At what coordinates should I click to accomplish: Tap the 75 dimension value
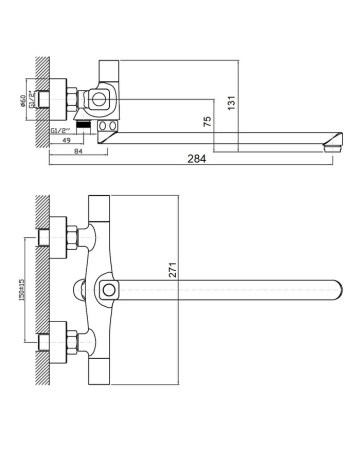click(233, 121)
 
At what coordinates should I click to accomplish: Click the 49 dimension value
click(67, 140)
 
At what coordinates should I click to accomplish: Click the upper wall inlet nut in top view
click(72, 238)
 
